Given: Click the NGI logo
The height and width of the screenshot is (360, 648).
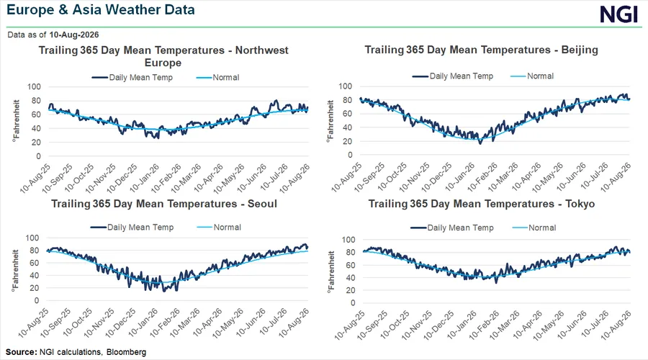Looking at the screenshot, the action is coord(619,14).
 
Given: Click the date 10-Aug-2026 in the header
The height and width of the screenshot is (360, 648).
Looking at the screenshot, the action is coord(74,35).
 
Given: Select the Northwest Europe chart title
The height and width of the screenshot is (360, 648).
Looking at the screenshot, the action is coord(163,56).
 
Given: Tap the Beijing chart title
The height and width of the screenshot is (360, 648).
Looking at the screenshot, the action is coord(481,50).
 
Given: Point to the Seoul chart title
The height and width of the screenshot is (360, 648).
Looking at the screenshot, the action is coord(164,204).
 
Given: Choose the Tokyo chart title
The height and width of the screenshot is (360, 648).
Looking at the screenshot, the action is coord(482,204).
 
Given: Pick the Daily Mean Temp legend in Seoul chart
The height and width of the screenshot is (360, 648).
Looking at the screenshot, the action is coord(132,228).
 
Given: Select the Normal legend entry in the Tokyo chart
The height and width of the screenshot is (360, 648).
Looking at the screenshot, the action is coord(534,228).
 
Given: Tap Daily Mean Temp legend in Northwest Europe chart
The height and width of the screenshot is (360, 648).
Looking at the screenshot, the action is coord(132,77).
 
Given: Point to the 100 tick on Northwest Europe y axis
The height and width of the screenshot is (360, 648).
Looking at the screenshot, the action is coord(35,87).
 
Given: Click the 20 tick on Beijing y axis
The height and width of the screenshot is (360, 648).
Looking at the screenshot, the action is coord(348,141).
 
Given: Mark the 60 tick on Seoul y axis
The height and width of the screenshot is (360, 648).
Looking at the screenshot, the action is coord(35,263).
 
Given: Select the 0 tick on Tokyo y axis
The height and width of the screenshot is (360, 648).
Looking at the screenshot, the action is coord(353,303).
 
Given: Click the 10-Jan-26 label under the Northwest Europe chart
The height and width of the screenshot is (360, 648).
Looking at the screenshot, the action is coord(145,178).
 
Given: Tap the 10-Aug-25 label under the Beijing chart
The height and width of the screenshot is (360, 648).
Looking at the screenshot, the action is coord(346,177).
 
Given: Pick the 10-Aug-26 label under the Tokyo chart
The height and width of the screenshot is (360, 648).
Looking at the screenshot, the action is coord(616,325).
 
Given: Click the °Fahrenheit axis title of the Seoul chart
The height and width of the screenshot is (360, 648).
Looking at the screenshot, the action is coord(16,271).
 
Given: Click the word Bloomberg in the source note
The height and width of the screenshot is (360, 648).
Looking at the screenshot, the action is coord(127,352).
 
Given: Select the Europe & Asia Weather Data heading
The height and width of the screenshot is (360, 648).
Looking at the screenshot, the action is coord(100,9).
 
